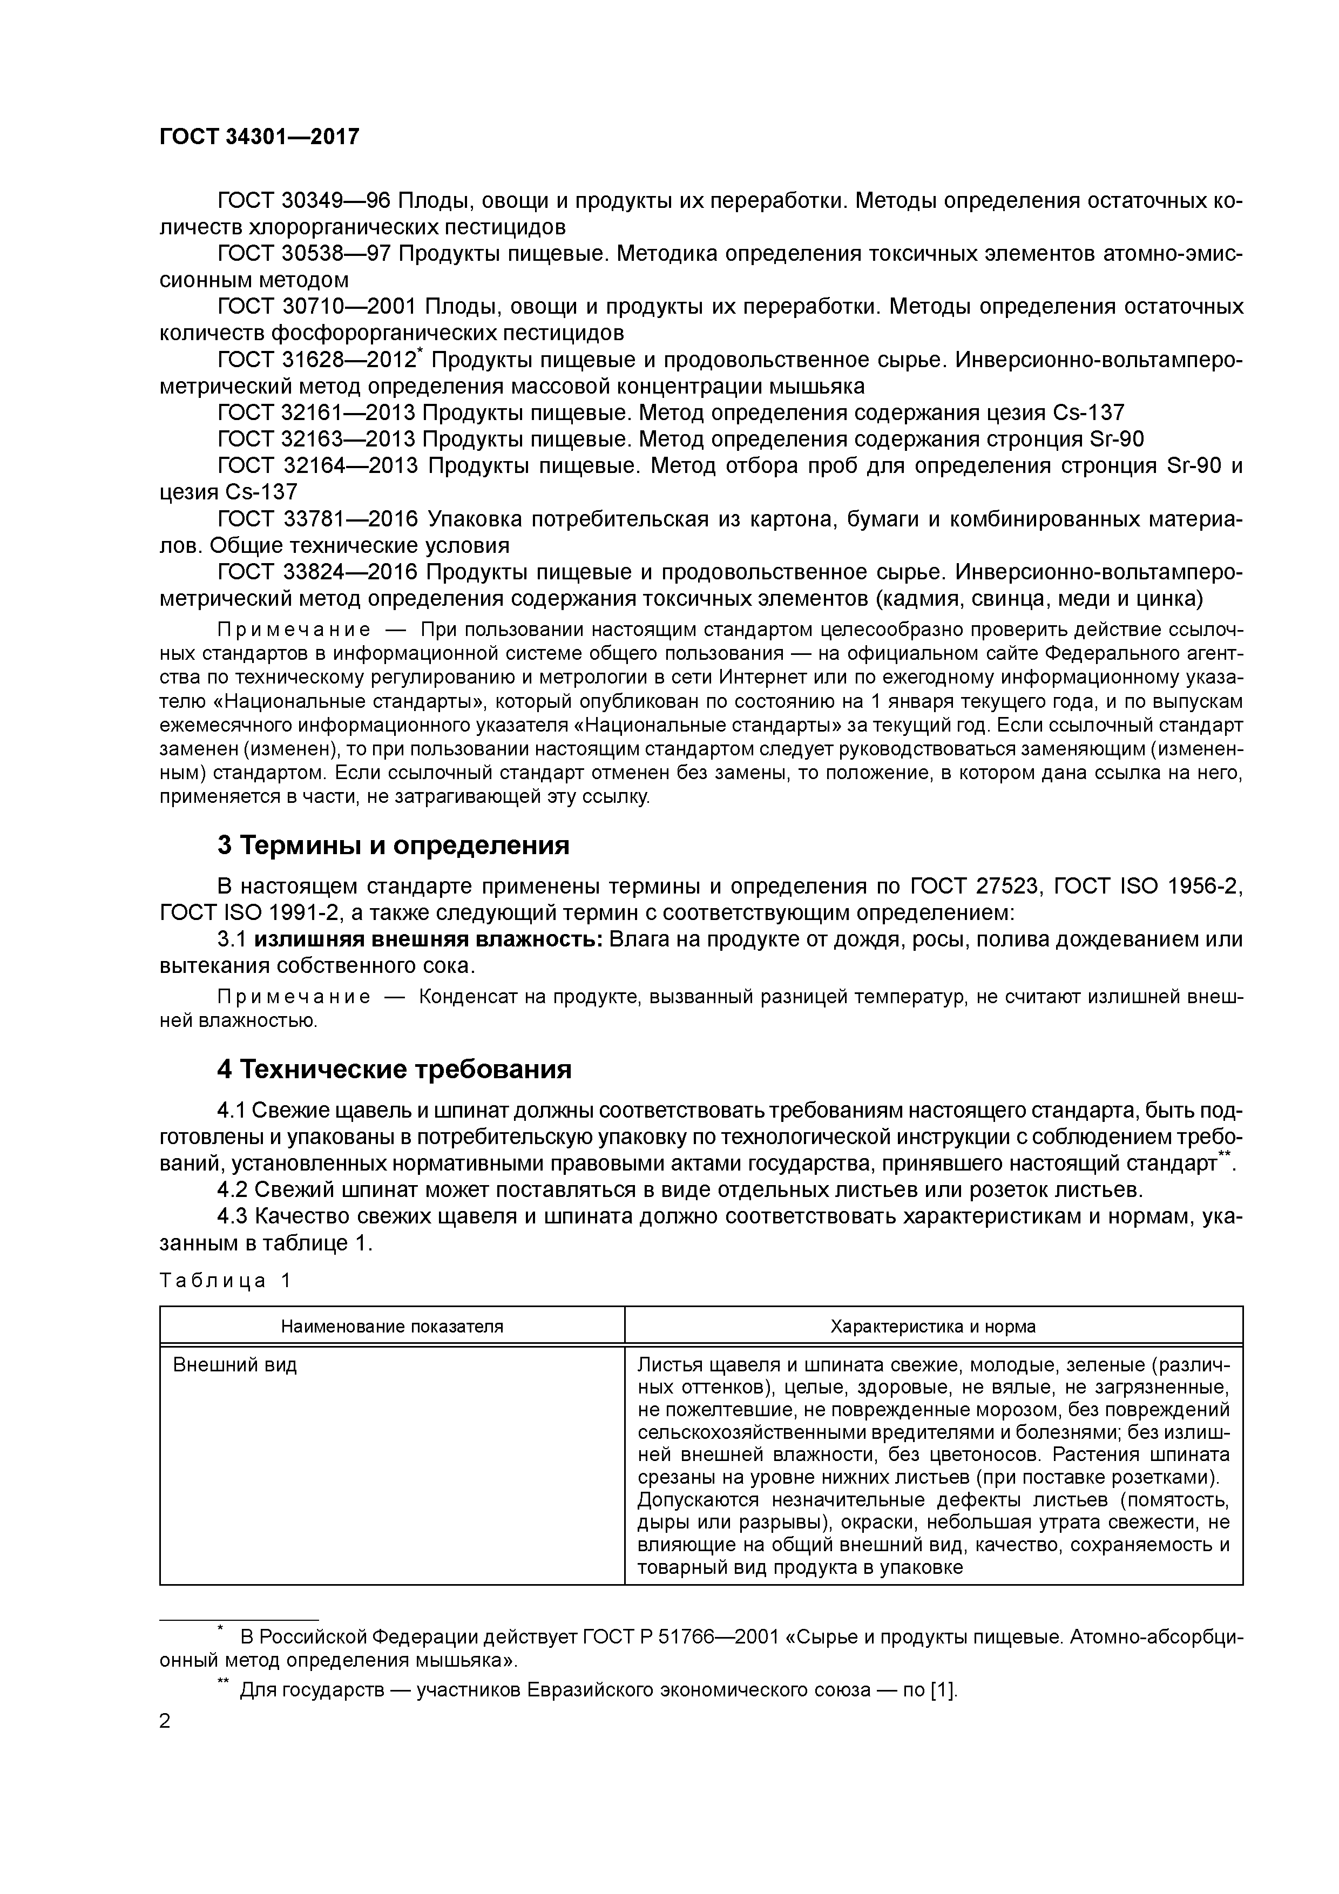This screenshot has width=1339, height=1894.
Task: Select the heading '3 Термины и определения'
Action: [393, 845]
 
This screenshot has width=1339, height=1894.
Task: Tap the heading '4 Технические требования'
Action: [394, 1069]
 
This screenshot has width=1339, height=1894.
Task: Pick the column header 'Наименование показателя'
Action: [392, 1327]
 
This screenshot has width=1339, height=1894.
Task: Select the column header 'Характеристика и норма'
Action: [932, 1327]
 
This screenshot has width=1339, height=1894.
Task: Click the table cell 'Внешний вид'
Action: [234, 1364]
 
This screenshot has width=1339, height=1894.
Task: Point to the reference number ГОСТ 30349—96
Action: [303, 200]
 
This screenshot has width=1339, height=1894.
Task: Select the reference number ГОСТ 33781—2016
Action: [317, 519]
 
